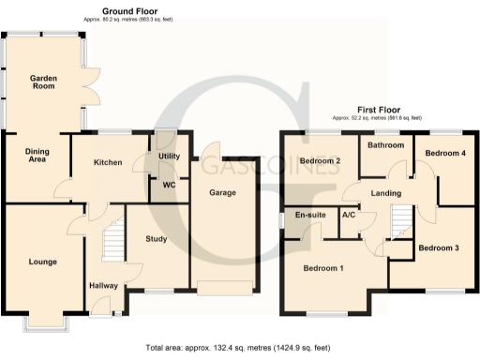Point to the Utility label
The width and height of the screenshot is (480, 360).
tap(169, 157)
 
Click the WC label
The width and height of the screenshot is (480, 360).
tap(170, 184)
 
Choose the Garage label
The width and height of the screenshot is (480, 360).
tap(221, 192)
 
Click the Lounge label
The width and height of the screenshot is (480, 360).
tap(42, 262)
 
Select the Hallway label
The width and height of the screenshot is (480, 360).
tap(103, 286)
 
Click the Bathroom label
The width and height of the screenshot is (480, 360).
tap(384, 145)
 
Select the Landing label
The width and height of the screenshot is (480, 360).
tap(385, 193)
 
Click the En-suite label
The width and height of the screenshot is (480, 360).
tap(310, 216)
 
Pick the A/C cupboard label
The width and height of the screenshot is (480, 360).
tap(348, 216)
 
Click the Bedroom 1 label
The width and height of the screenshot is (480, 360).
tap(322, 269)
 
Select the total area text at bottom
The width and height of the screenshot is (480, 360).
tap(239, 348)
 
